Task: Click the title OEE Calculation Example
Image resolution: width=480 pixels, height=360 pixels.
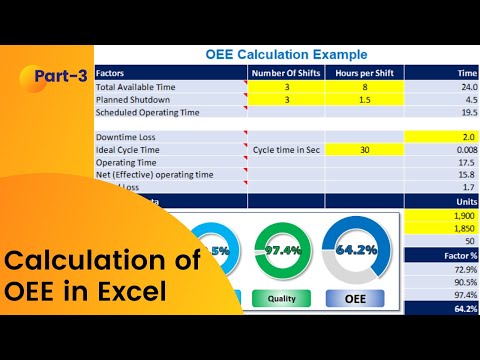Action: tap(285, 54)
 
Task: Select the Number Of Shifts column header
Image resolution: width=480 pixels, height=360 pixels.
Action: tap(287, 73)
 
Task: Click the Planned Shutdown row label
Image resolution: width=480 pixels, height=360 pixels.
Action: tap(134, 100)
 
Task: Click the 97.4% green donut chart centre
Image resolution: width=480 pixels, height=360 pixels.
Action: tap(281, 251)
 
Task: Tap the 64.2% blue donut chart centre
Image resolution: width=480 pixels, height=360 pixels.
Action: tap(355, 251)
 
